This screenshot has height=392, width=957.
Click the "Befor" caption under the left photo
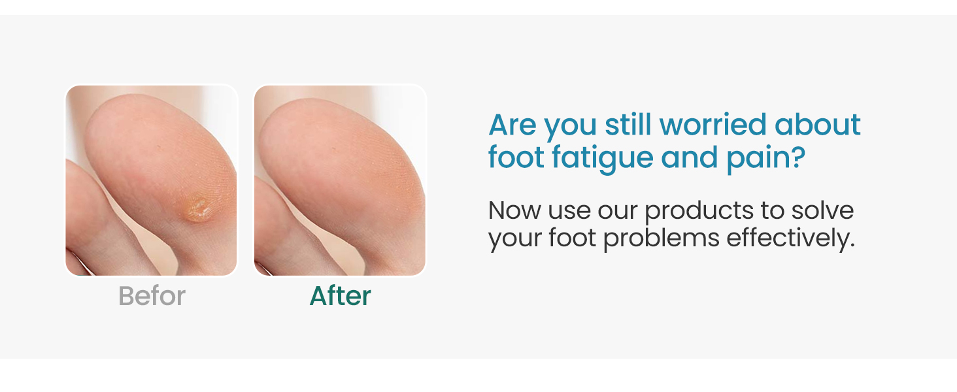pyautogui.click(x=152, y=297)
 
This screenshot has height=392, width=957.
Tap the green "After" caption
pyautogui.click(x=340, y=297)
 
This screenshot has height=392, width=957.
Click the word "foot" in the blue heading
pyautogui.click(x=516, y=158)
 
